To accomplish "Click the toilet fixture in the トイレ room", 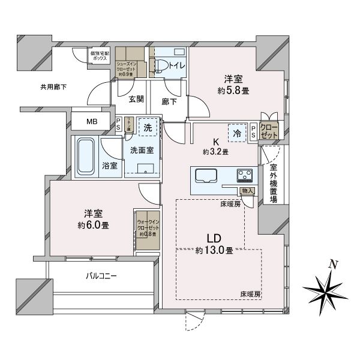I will [x=161, y=65].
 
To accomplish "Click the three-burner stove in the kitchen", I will [x=245, y=176].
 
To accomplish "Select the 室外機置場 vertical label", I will [x=274, y=183].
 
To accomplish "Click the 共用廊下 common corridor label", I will [x=53, y=87].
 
